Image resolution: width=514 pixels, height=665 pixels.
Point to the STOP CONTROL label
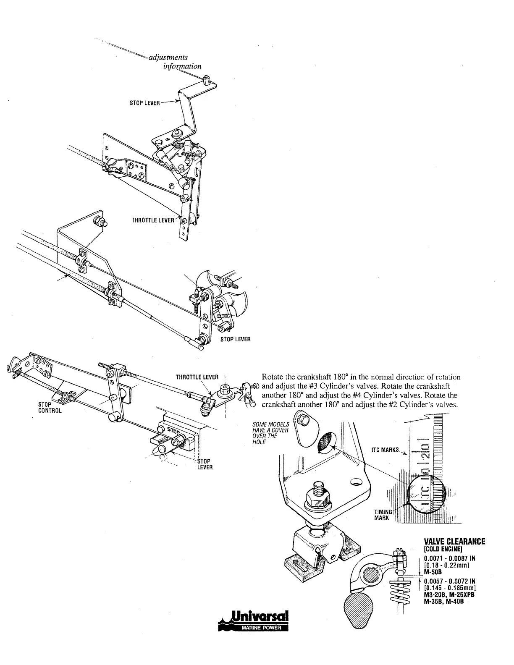50,407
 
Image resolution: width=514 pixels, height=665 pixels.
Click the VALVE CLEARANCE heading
455,541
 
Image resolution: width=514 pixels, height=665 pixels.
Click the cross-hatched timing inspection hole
325,442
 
